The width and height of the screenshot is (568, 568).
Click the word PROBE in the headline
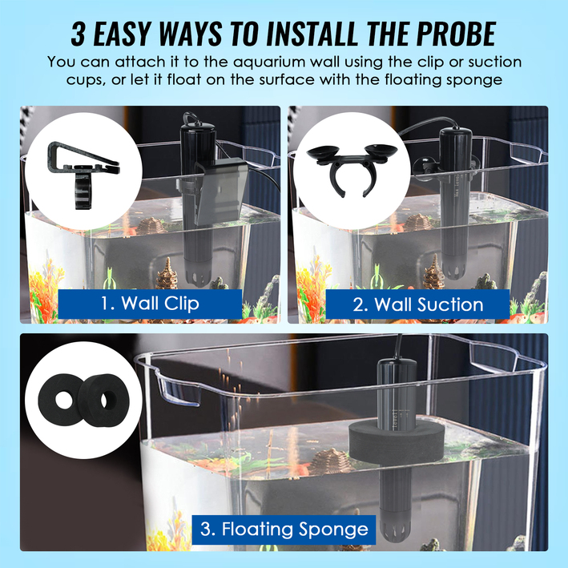456,34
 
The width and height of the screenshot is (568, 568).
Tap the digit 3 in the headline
79,34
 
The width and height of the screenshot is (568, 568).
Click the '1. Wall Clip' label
150,304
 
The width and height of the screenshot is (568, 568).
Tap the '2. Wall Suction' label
418,304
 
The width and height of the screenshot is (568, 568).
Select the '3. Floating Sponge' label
284,530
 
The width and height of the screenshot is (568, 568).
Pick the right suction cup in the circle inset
381,151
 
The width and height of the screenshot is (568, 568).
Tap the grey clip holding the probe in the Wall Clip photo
217,193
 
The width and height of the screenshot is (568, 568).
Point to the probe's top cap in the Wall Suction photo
456,133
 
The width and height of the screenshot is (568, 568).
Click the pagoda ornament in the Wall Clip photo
167,273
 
